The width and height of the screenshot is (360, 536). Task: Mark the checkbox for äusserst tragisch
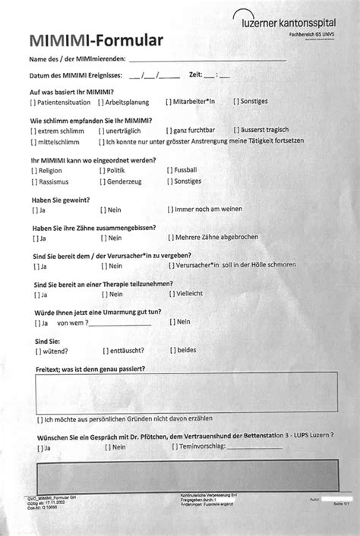(x=236, y=131)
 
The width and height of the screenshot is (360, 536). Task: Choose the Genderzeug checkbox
(x=100, y=183)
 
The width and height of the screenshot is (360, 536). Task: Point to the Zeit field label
(x=195, y=74)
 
